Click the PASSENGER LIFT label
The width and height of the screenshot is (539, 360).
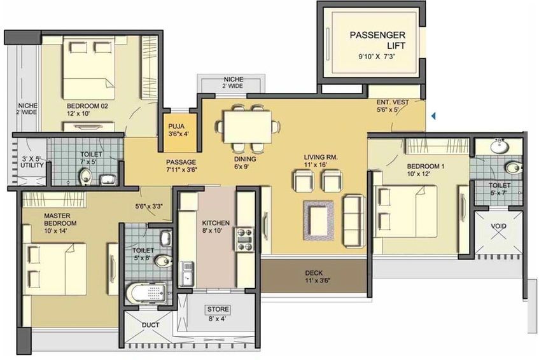coord(377,40)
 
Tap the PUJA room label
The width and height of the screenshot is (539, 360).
coord(176,126)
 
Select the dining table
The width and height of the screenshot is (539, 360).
coord(247,127)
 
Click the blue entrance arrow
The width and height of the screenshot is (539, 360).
coord(433,116)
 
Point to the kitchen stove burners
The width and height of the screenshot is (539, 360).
coord(244,239)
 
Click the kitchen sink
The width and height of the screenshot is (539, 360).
coord(186,273)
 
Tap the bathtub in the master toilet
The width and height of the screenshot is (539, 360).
coord(146,294)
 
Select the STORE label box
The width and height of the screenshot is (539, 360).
coord(218,309)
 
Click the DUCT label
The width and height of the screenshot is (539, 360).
coord(151,324)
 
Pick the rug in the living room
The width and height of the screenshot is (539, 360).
coord(319,221)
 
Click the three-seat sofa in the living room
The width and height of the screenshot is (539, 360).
coord(354,221)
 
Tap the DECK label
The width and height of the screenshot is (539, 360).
coord(314,273)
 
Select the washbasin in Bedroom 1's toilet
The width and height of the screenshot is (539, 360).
coord(500,147)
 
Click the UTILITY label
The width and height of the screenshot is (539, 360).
coord(32,165)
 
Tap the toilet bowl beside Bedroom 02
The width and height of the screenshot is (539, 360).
coord(85,177)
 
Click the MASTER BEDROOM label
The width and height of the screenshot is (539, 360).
coord(60,219)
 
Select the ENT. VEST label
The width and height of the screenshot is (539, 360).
coord(393,102)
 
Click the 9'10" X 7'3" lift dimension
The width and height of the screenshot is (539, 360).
coord(377,57)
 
